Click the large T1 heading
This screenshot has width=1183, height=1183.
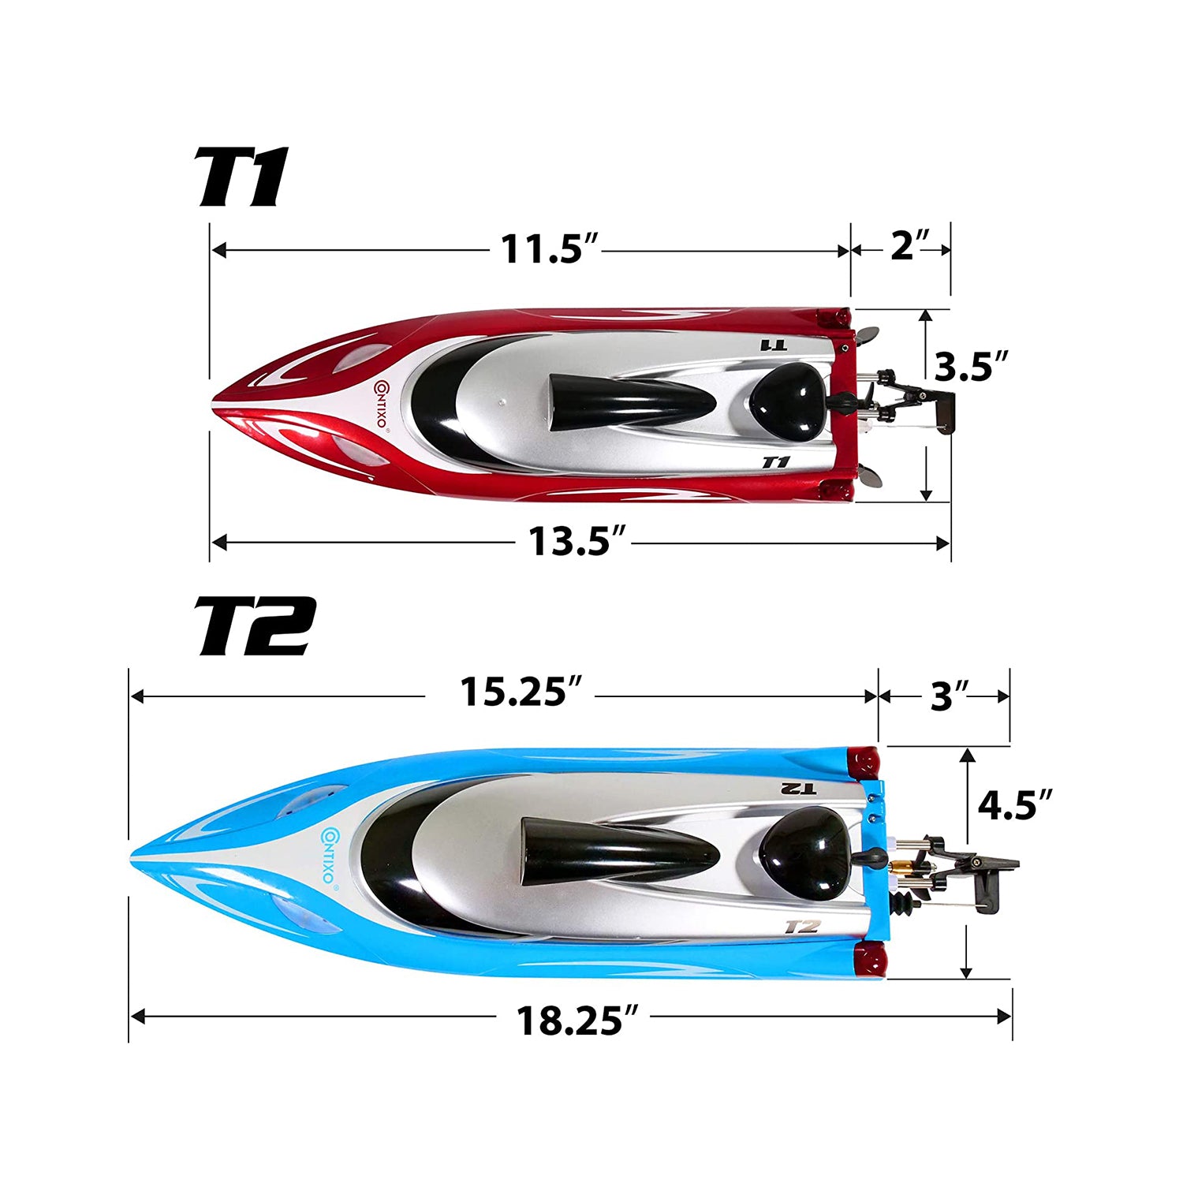242,177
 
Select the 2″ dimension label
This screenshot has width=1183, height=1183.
911,245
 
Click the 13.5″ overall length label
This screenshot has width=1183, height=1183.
577,541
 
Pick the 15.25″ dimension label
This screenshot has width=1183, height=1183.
521,692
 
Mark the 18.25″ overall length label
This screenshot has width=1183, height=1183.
577,1020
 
